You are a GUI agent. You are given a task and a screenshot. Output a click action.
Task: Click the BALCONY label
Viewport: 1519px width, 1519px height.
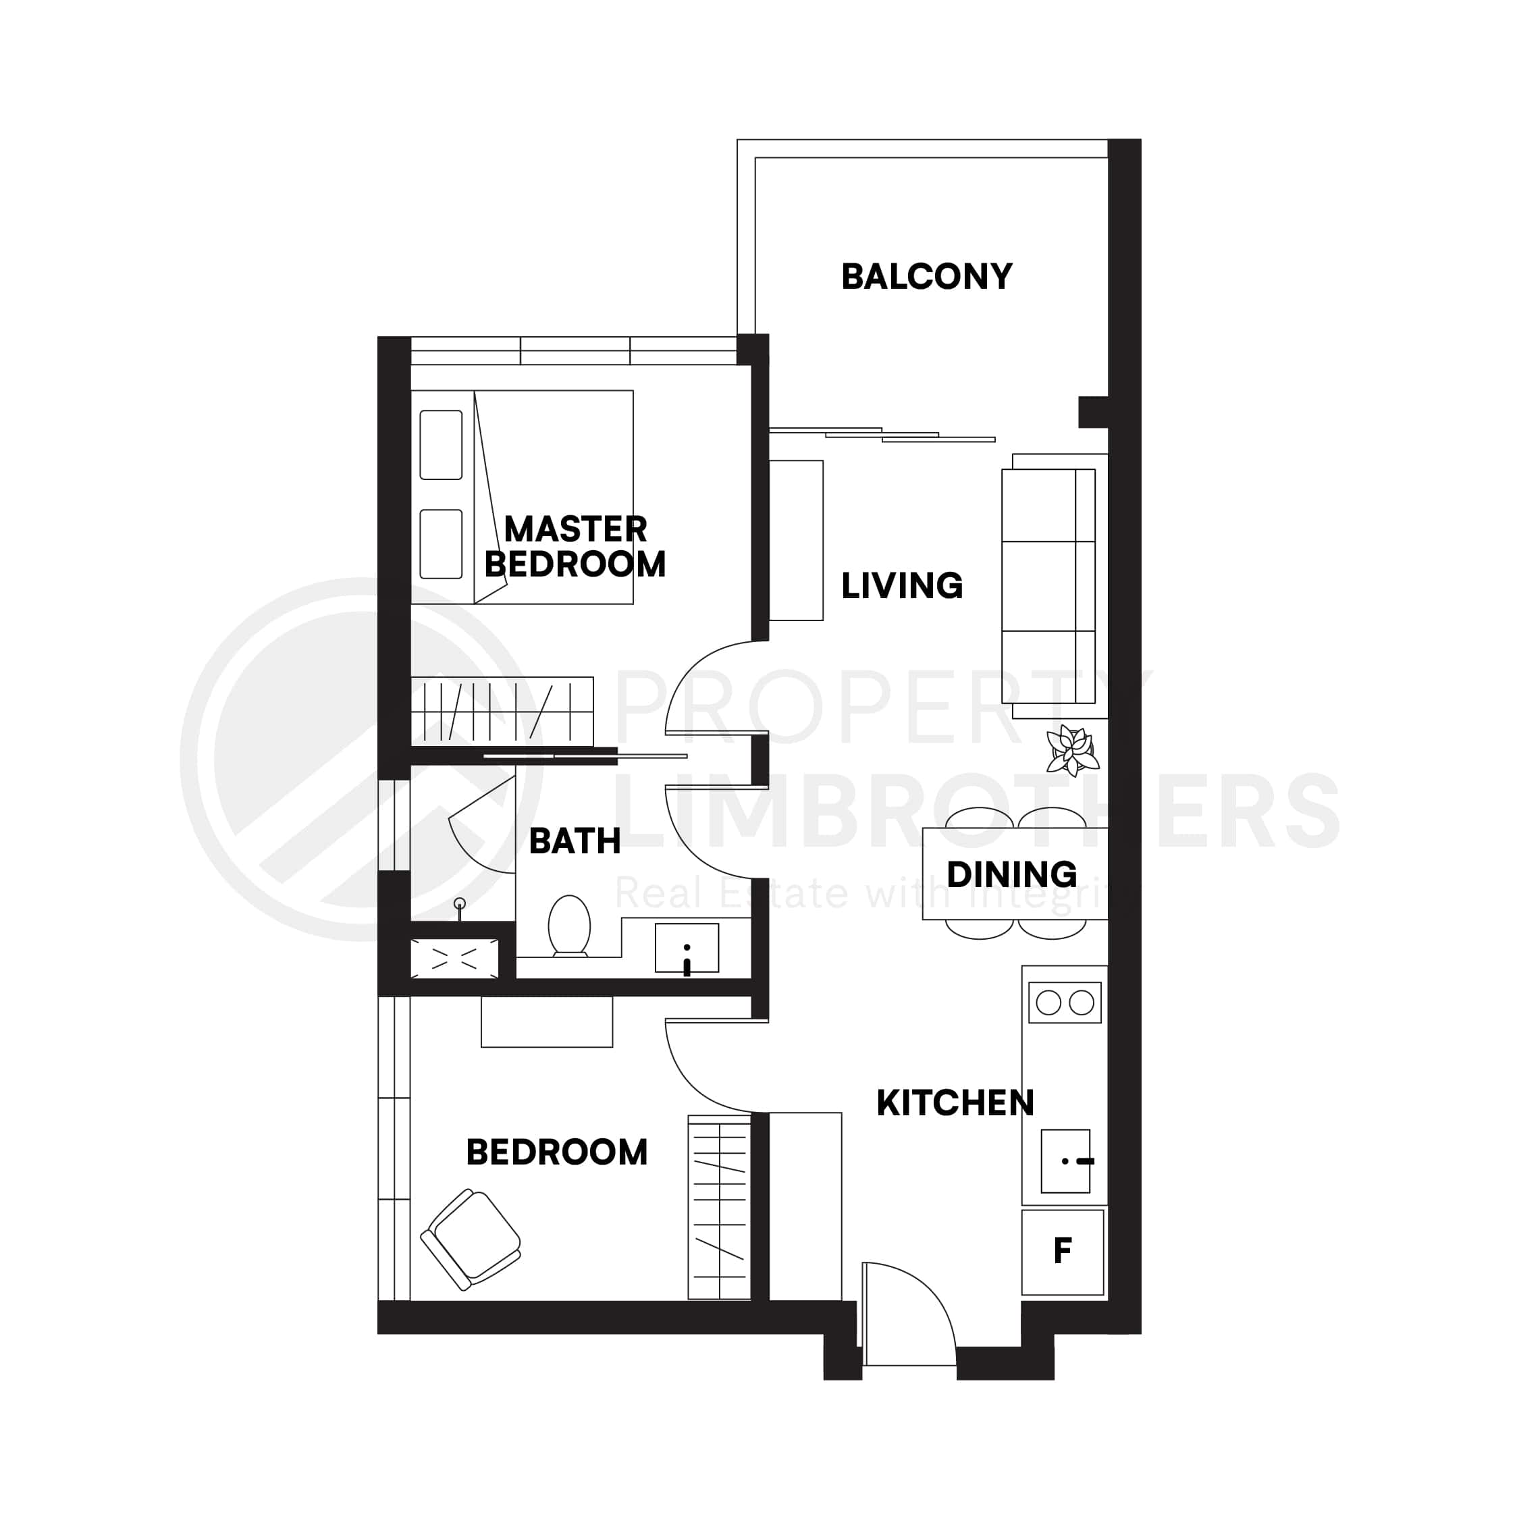click(x=926, y=277)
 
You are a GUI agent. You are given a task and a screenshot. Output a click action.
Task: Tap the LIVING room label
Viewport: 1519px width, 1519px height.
click(x=902, y=586)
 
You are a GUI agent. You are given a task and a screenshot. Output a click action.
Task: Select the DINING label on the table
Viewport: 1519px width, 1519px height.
click(x=1012, y=874)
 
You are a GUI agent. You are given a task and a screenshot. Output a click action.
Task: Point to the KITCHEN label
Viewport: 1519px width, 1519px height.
click(x=955, y=1103)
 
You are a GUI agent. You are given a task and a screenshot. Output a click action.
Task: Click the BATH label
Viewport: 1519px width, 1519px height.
click(x=575, y=841)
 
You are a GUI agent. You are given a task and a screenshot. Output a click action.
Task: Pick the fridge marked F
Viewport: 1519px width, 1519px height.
click(x=1062, y=1252)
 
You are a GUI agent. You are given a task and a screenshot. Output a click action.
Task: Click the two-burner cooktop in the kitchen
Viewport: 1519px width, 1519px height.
click(x=1065, y=1003)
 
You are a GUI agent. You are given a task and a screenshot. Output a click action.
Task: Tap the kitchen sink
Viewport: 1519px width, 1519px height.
click(x=1065, y=1161)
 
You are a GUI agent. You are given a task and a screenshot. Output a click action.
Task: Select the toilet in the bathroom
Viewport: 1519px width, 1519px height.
click(x=569, y=926)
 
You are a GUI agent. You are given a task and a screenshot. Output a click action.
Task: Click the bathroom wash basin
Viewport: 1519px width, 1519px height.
click(x=687, y=949)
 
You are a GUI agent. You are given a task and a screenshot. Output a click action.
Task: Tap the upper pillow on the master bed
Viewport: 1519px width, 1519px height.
click(x=440, y=445)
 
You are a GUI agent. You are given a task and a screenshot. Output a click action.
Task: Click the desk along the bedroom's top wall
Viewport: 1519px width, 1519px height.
click(x=546, y=1021)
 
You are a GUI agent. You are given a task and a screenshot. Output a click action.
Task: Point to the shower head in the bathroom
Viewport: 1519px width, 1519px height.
click(x=460, y=904)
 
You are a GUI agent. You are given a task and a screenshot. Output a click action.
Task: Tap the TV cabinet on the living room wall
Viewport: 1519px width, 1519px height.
click(x=796, y=540)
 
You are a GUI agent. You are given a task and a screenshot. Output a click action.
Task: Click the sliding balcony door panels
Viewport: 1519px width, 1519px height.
click(x=882, y=434)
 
